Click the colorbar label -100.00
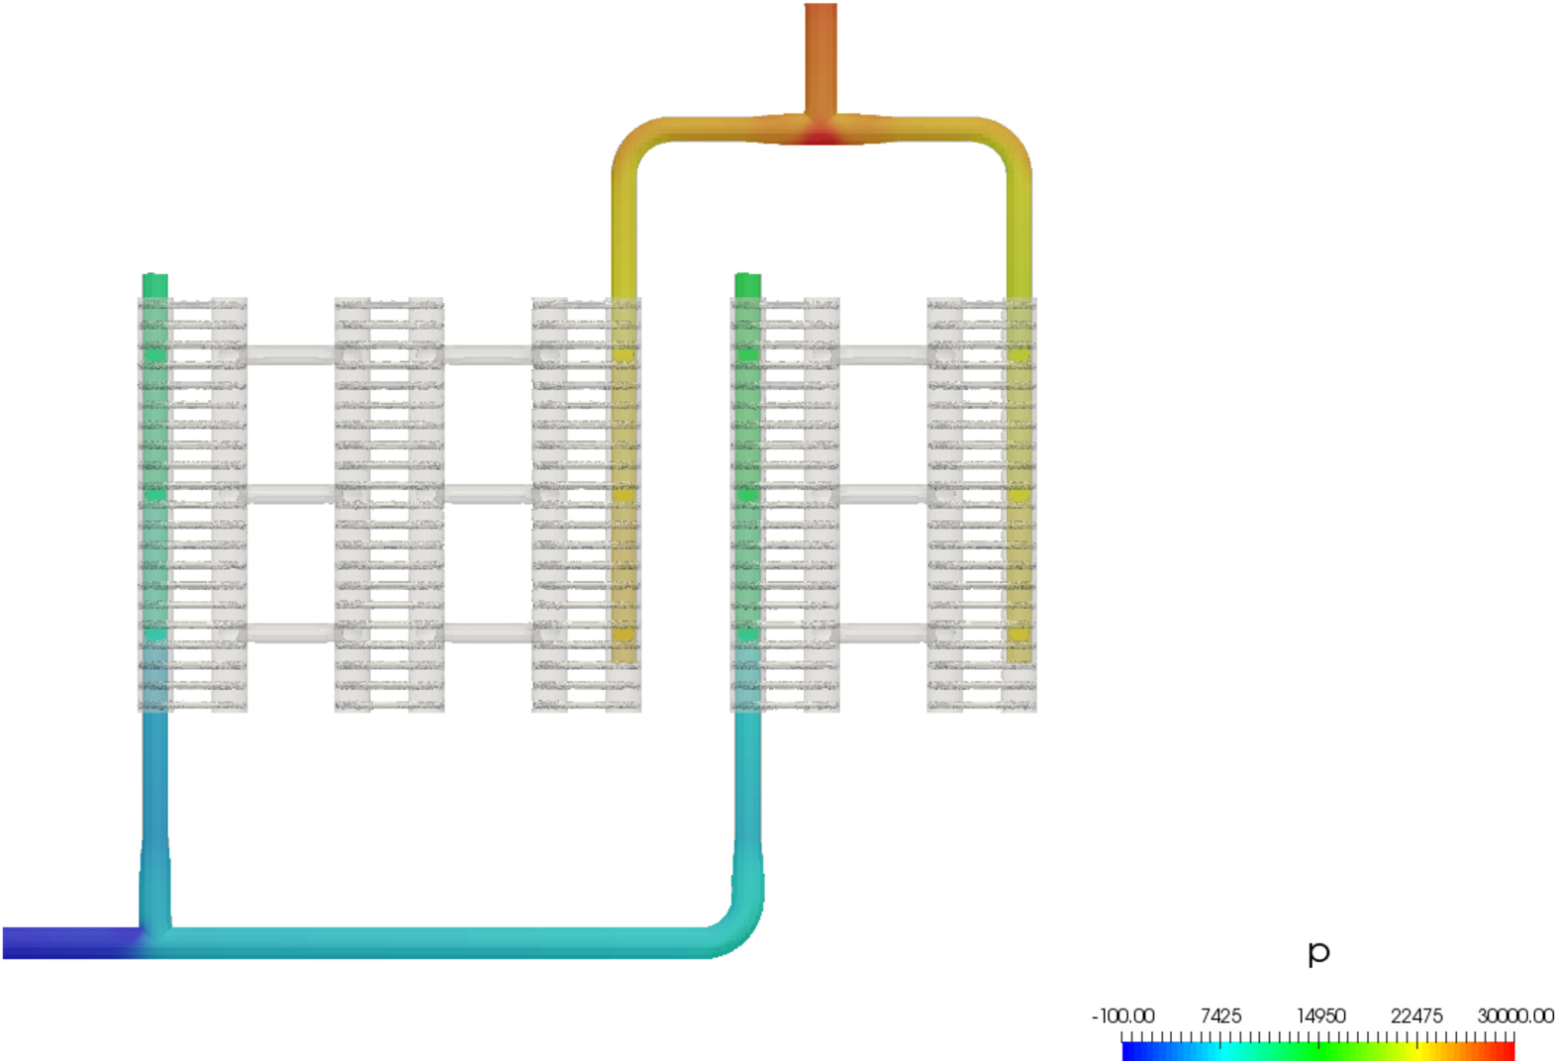[1122, 1016]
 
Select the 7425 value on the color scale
[1219, 1016]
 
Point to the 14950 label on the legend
[1320, 1016]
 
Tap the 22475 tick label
[1416, 1016]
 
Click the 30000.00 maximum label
[1514, 1016]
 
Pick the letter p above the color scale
[1318, 952]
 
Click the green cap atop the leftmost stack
[155, 285]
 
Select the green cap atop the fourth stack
[748, 285]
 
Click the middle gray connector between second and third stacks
[488, 493]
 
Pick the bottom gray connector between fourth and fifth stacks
[883, 631]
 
